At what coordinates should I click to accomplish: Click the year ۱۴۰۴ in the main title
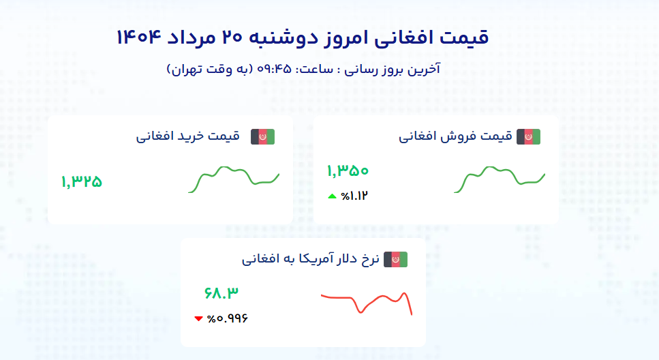(x=139, y=37)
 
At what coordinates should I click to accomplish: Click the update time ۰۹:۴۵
(x=274, y=69)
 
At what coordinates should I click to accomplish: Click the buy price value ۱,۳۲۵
(x=82, y=181)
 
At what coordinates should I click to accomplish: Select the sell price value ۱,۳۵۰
(x=348, y=170)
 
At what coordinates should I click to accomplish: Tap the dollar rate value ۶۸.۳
(x=221, y=292)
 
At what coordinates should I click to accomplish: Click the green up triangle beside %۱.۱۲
(x=332, y=196)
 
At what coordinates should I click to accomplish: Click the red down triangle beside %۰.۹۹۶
(x=199, y=319)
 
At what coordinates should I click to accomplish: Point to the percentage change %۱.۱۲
(x=354, y=196)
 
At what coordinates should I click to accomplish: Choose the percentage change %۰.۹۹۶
(x=228, y=319)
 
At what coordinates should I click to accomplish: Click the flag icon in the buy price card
(x=262, y=137)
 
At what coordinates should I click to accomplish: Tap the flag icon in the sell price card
(x=528, y=137)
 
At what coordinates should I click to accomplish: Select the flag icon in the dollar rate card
(x=395, y=260)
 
